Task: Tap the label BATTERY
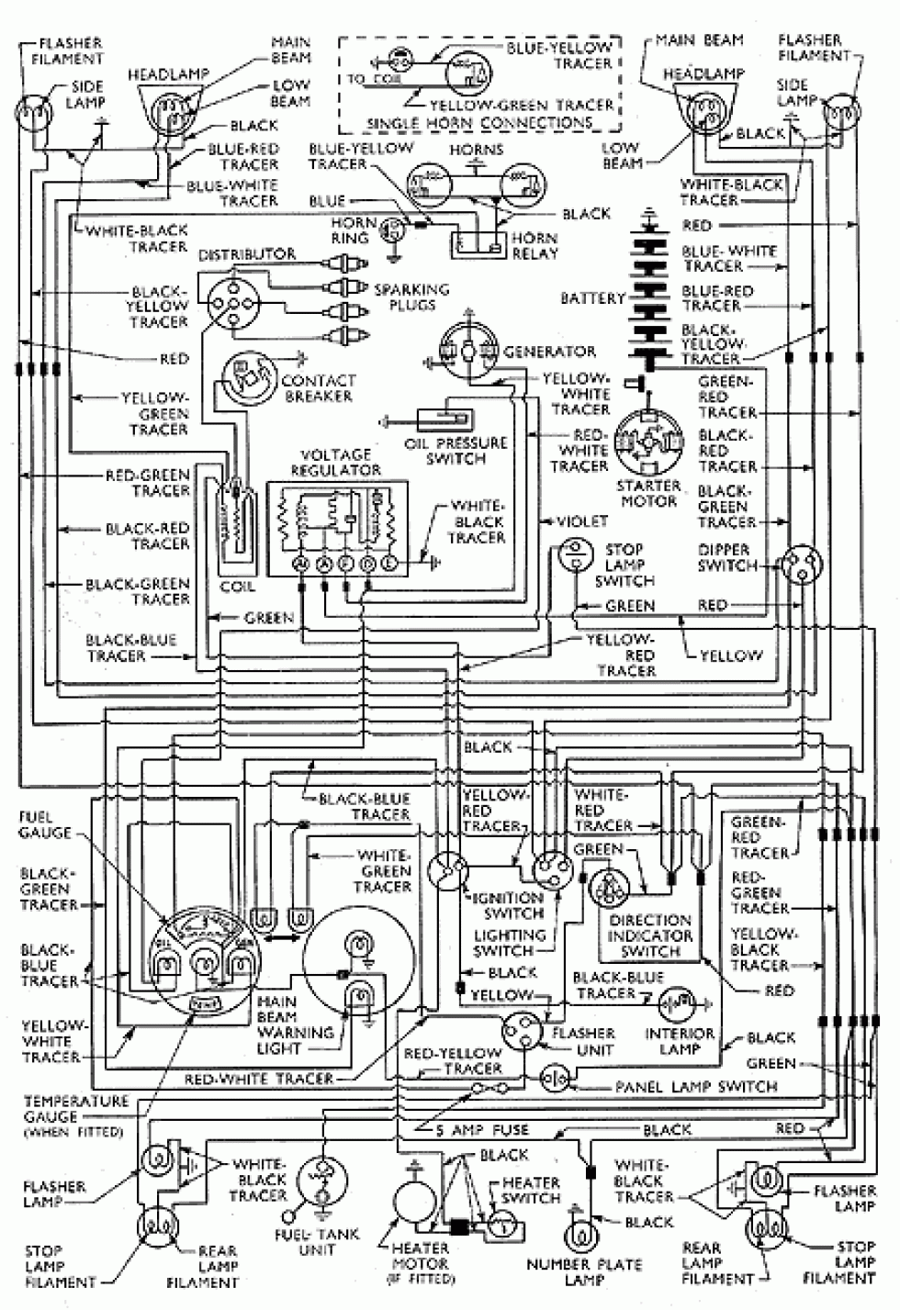(593, 298)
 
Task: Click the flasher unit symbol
(524, 1035)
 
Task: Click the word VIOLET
(582, 521)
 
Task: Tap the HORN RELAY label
(535, 245)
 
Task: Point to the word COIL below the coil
(238, 587)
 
